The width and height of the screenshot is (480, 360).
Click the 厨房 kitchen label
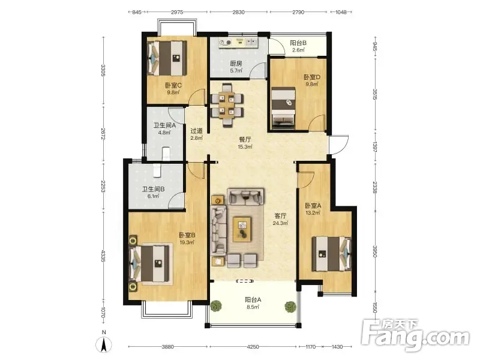(x=236, y=64)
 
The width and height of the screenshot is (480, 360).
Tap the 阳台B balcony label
(x=298, y=43)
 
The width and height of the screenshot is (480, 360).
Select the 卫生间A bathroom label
(x=164, y=125)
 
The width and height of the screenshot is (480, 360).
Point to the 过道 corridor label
(x=197, y=131)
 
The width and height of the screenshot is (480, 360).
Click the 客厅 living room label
(x=280, y=216)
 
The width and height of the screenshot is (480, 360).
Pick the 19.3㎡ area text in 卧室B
(x=187, y=242)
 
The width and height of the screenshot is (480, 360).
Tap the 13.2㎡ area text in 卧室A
(x=313, y=213)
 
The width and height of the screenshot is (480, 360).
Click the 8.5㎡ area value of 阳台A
(x=253, y=307)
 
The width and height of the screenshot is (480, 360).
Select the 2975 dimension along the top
(x=177, y=12)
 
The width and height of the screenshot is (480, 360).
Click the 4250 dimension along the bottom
(x=253, y=347)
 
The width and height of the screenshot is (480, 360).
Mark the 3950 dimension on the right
(x=375, y=251)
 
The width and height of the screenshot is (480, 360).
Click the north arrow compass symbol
(x=104, y=344)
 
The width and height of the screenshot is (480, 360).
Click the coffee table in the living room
(x=242, y=229)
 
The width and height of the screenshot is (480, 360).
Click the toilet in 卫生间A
(x=166, y=154)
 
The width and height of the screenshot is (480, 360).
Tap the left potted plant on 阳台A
(x=216, y=305)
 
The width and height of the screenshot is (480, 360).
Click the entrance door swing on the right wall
(x=339, y=145)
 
